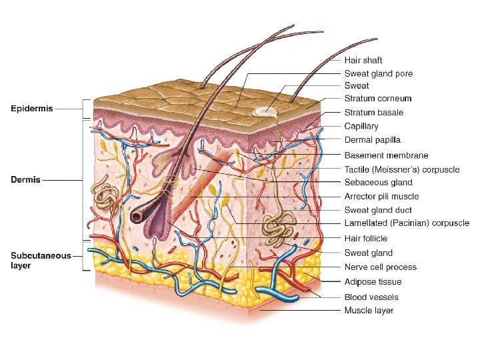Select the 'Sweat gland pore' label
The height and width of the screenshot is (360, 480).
click(x=378, y=73)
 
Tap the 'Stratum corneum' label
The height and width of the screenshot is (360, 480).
click(x=377, y=99)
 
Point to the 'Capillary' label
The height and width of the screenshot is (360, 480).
click(x=361, y=126)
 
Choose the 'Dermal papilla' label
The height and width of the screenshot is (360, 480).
click(x=372, y=140)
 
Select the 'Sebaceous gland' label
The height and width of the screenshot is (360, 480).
click(x=378, y=182)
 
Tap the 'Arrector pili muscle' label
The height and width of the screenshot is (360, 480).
click(x=381, y=196)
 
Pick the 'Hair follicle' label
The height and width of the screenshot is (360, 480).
click(x=365, y=238)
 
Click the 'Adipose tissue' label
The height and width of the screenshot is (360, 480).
click(x=373, y=281)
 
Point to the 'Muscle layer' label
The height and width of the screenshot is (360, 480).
click(x=369, y=310)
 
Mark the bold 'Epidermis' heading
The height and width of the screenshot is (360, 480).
click(x=33, y=107)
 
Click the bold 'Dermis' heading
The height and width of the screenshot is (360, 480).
click(x=25, y=179)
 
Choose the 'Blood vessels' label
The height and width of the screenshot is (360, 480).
click(x=371, y=297)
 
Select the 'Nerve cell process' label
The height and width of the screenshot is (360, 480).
click(x=380, y=267)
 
